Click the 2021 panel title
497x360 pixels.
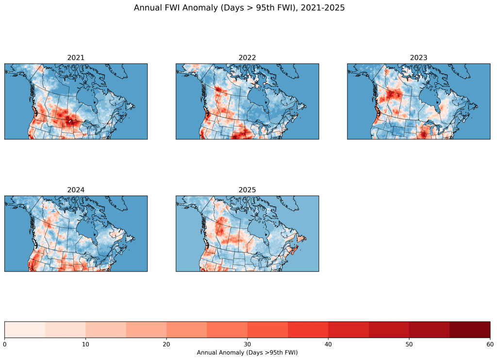click(x=76, y=58)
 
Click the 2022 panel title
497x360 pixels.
click(x=247, y=58)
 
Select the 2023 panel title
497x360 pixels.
click(x=418, y=58)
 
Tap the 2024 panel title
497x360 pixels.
click(x=76, y=190)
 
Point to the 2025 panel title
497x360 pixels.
click(x=247, y=190)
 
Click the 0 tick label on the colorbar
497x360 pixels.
click(x=5, y=344)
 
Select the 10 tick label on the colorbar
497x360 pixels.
click(x=85, y=344)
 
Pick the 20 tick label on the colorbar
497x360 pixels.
click(x=166, y=344)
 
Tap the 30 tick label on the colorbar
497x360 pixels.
click(x=247, y=344)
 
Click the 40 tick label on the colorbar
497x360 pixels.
click(x=328, y=344)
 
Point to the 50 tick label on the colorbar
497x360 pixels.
click(x=409, y=344)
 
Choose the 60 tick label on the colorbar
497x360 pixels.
click(x=490, y=344)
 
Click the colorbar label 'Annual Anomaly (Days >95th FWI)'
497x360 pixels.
click(x=247, y=353)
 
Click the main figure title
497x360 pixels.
click(x=239, y=8)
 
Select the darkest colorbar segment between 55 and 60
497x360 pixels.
click(x=470, y=329)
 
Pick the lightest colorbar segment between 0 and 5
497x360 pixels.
click(x=25, y=329)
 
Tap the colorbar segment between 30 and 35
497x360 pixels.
click(x=267, y=329)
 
